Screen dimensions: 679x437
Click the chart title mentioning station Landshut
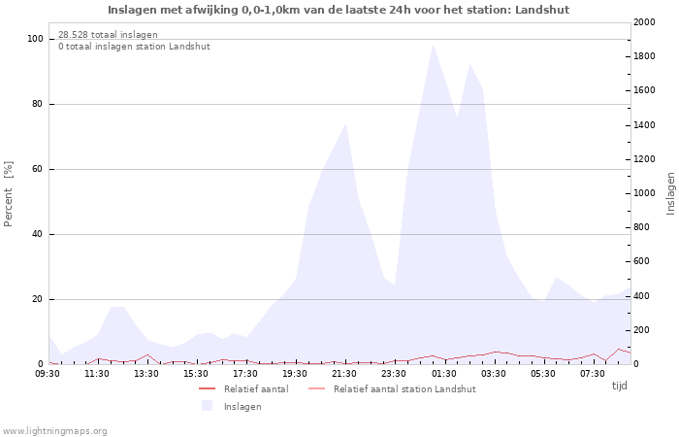[339, 10]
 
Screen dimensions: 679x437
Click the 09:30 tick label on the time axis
[48, 374]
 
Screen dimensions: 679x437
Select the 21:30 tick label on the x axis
[344, 374]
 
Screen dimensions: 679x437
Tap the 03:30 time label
[493, 374]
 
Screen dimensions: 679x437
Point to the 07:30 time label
[592, 374]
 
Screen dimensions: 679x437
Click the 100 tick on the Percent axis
[35, 39]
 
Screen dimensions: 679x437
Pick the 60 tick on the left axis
[37, 169]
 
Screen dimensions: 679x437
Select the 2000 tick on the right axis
[644, 22]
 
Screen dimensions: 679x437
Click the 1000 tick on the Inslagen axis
[644, 193]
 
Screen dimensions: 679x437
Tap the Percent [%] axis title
[8, 194]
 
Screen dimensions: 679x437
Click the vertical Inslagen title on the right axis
[671, 193]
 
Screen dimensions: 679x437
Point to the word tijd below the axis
[619, 386]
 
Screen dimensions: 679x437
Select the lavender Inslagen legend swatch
[207, 406]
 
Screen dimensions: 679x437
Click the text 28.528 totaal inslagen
[108, 35]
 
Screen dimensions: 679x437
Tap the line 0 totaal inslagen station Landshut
[134, 47]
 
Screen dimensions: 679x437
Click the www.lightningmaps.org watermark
[53, 431]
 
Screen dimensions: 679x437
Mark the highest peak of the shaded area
[433, 45]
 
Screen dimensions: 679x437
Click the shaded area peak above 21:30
[345, 124]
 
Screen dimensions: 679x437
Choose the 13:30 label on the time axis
[145, 374]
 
